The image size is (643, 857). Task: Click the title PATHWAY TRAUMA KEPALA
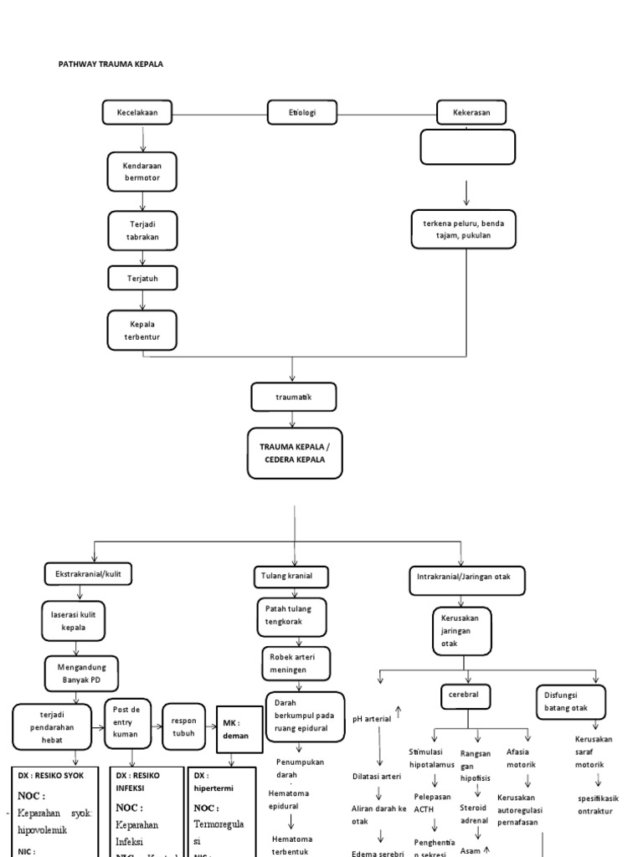coord(116,64)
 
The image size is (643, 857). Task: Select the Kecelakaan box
coord(143,112)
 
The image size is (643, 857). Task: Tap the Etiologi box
coord(302,112)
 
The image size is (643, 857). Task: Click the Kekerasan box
coord(466,112)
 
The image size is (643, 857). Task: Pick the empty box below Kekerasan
coord(467,147)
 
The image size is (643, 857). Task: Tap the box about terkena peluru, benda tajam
coord(463,230)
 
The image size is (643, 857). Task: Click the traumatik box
coord(293,397)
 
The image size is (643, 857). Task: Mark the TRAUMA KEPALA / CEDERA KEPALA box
coord(294,453)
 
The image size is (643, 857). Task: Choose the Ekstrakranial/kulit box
coord(88,575)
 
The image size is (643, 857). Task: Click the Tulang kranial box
coord(291,577)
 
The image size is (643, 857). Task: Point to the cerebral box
coord(465,695)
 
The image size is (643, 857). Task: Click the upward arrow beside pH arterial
coord(398,713)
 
